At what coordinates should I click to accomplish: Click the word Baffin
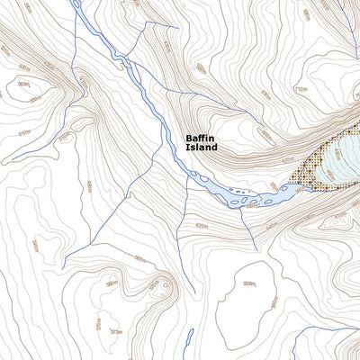click(x=201, y=139)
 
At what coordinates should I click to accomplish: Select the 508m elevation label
click(x=249, y=285)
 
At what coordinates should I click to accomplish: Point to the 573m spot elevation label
click(x=115, y=332)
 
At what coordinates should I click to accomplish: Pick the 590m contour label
click(x=112, y=285)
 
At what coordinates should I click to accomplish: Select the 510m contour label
click(x=24, y=133)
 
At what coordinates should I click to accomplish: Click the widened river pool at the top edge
click(x=76, y=7)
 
